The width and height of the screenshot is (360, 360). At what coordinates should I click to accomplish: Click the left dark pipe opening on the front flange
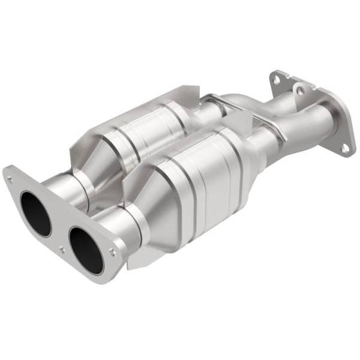tap(35, 213)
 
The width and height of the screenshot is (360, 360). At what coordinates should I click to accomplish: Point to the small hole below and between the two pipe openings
tap(62, 248)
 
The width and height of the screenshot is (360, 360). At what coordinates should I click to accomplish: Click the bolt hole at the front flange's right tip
tap(113, 253)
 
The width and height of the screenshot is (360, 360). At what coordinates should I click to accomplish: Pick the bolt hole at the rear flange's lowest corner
tap(344, 146)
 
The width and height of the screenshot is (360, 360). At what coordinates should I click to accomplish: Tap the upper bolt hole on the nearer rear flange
tap(298, 91)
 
